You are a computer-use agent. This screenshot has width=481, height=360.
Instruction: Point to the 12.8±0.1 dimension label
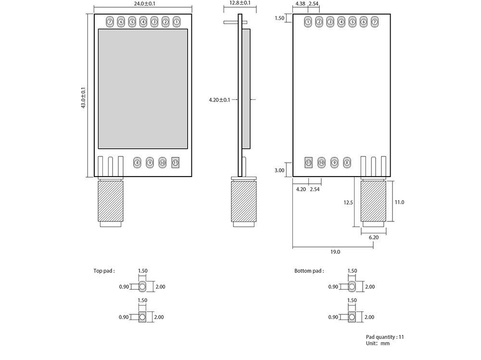pyautogui.click(x=240, y=3)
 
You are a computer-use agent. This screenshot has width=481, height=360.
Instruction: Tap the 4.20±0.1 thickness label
pyautogui.click(x=219, y=100)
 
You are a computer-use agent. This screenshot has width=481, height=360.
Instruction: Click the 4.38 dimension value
pyautogui.click(x=300, y=3)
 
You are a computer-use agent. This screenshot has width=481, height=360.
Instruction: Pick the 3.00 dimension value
pyautogui.click(x=279, y=170)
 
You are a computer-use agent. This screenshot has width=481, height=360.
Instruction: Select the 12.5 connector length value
pyautogui.click(x=348, y=203)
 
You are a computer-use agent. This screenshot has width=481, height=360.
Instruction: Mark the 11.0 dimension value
pyautogui.click(x=399, y=202)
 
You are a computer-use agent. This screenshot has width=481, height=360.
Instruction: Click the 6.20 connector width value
pyautogui.click(x=373, y=237)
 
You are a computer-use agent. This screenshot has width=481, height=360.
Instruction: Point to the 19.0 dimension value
pyautogui.click(x=335, y=252)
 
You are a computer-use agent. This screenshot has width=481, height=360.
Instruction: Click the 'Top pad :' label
pyautogui.click(x=104, y=271)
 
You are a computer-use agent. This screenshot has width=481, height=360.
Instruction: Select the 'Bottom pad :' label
pyautogui.click(x=309, y=271)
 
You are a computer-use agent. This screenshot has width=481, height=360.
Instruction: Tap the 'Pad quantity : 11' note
pyautogui.click(x=385, y=337)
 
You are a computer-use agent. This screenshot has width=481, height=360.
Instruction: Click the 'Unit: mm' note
pyautogui.click(x=378, y=343)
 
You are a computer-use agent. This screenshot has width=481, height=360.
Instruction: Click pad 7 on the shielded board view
pyautogui.click(x=110, y=22)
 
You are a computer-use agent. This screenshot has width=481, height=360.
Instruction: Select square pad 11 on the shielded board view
pyautogui.click(x=175, y=163)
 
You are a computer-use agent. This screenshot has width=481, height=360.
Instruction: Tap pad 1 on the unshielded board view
pyautogui.click(x=308, y=22)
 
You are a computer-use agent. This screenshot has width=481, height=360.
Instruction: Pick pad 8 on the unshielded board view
pyautogui.click(x=347, y=163)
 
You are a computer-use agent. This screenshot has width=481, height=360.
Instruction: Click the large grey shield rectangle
pyautogui.click(x=142, y=89)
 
